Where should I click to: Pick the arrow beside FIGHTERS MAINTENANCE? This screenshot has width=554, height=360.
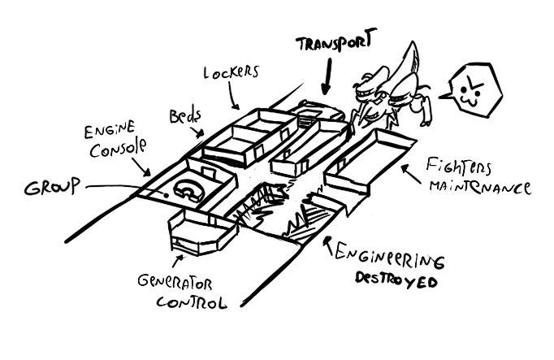click(x=409, y=167)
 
